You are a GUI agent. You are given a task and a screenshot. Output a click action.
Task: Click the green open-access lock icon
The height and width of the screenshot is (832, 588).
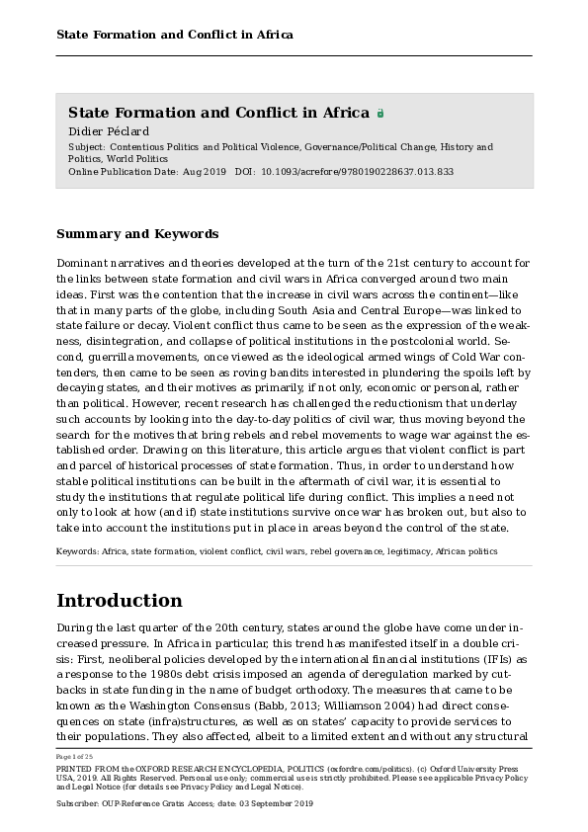pos(380,114)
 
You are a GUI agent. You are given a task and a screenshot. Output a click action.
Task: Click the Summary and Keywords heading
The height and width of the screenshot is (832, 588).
pos(137,234)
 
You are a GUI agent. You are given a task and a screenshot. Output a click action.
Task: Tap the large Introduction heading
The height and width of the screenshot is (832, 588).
pos(119,601)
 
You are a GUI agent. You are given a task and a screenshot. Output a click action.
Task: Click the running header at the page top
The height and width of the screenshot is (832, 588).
pos(174,36)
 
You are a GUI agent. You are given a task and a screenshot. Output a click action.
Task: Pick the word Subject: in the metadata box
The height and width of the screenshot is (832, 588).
pos(88,147)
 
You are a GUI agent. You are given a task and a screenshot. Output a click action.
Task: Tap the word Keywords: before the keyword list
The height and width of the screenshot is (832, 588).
pos(77,552)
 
